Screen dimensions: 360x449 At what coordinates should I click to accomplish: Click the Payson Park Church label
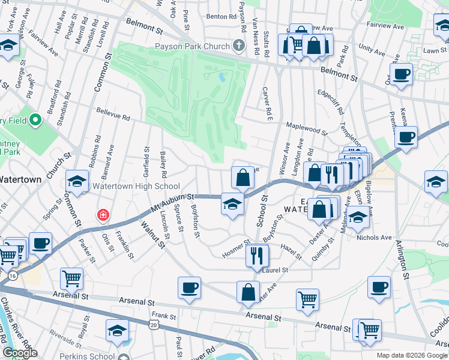(x=192, y=46)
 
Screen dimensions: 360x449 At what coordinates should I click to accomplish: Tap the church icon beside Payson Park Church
(x=239, y=46)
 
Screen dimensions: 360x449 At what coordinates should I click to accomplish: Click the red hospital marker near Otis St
(x=104, y=214)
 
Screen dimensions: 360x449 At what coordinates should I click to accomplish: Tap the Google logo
(x=20, y=353)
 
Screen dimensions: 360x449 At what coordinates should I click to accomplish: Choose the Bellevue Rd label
(x=113, y=114)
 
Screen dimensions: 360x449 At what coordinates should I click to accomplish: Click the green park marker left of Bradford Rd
(x=35, y=121)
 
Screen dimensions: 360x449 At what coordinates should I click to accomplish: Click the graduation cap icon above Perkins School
(x=117, y=329)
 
